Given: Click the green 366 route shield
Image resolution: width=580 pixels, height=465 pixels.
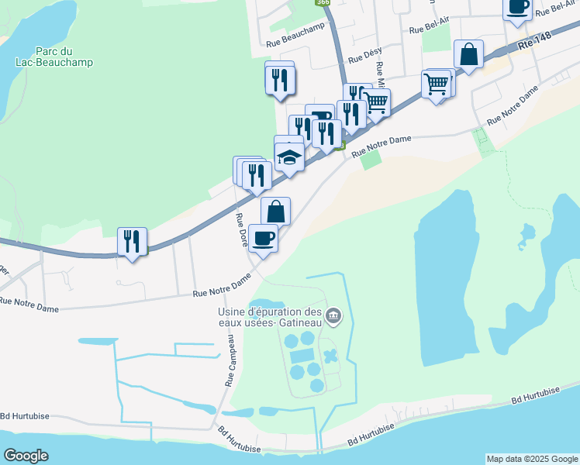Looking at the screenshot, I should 322,3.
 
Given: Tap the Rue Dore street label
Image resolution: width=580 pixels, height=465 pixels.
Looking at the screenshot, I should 241,230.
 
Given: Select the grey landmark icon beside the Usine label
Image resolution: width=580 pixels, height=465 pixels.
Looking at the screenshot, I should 334,315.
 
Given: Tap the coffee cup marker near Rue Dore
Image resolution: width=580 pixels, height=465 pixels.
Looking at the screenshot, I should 263,237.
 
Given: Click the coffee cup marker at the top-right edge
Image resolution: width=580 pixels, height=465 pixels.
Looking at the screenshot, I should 517,6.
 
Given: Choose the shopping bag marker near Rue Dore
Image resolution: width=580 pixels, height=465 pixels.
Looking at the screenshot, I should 275,211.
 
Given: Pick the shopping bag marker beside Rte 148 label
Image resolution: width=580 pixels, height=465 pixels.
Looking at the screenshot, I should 468,54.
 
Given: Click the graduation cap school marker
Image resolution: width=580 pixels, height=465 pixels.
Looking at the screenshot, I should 289,158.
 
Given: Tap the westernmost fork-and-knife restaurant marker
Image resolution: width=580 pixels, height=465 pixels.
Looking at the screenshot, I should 132,241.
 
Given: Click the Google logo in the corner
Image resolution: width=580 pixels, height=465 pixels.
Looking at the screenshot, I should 25,456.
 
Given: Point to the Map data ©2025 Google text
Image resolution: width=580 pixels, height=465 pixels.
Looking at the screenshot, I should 531,459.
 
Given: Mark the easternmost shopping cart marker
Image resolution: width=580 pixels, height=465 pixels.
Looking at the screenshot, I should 437,84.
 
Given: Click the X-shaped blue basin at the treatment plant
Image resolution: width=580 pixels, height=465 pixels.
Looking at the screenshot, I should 331,357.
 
